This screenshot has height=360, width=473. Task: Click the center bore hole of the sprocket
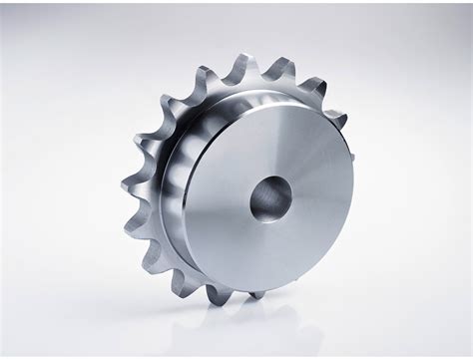coord(269,198)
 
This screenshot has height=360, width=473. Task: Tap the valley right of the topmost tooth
coord(262,78)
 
